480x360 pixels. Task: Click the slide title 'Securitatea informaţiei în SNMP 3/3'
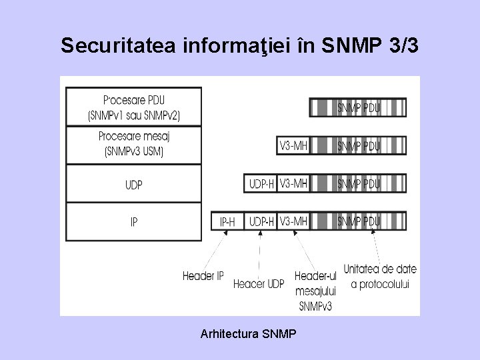coord(239,45)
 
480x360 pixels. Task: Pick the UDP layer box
coord(133,184)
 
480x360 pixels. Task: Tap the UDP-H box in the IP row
coord(261,221)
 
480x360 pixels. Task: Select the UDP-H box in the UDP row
coord(261,183)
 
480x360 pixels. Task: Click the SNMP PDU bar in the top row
coord(358,107)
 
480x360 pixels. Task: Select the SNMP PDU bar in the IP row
coord(358,221)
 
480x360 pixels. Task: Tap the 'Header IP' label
coord(203,276)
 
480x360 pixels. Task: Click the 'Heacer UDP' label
coord(259,284)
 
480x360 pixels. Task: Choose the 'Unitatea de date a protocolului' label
coord(379,277)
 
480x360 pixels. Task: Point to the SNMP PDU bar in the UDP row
coord(358,183)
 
